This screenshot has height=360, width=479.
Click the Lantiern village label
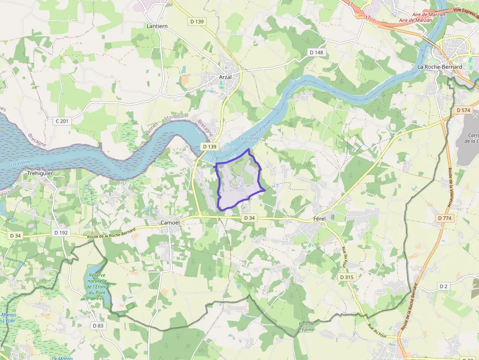157,26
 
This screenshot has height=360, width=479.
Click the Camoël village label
170,222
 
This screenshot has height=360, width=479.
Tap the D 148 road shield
316,52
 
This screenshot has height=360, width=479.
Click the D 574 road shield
463,110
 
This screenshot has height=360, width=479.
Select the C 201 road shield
61,120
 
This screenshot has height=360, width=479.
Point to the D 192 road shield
61,233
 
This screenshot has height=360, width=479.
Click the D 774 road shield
445,218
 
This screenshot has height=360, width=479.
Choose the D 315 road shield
347,277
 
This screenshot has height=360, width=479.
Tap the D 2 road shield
443,286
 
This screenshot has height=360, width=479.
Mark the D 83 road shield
98,325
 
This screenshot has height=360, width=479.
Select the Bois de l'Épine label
307,326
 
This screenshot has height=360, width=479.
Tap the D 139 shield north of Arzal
196,21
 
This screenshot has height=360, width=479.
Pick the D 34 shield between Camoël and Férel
249,218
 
